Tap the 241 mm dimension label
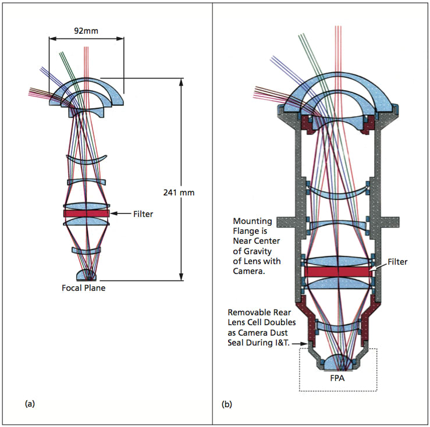coord(179,191)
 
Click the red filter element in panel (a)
coord(87,214)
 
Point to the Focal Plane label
coord(84,287)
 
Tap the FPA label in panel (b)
coord(339,375)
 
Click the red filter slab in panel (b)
coord(337,272)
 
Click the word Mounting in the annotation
coord(253,221)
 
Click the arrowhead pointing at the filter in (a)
coord(113,214)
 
